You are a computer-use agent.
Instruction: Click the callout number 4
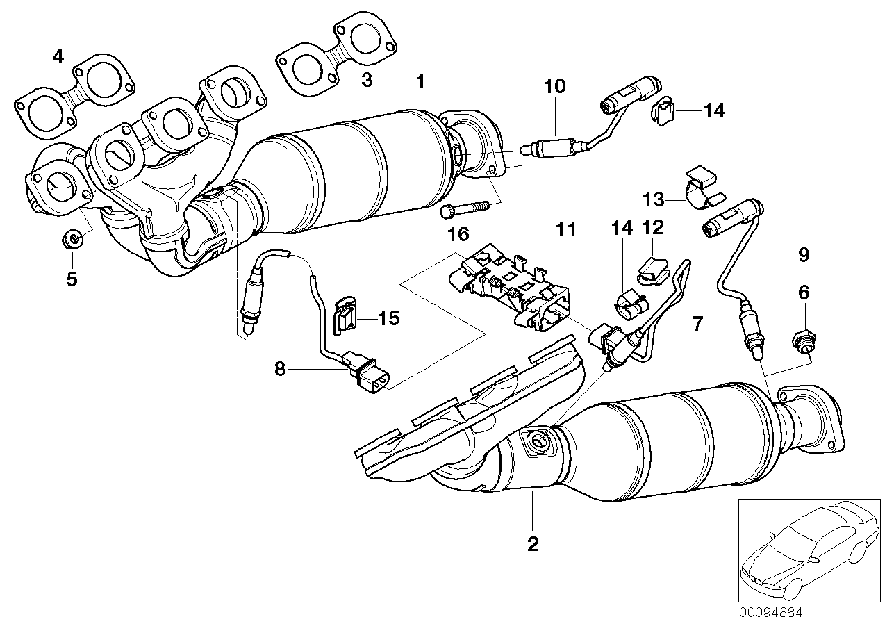tap(58, 55)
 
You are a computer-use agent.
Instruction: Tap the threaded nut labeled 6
tap(803, 340)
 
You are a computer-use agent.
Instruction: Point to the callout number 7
tap(697, 322)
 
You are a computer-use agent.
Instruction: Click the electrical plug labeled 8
tap(368, 371)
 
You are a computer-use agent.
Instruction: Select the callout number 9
tap(803, 255)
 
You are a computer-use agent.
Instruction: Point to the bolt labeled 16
tap(464, 208)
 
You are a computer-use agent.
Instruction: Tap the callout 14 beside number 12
tap(622, 227)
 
